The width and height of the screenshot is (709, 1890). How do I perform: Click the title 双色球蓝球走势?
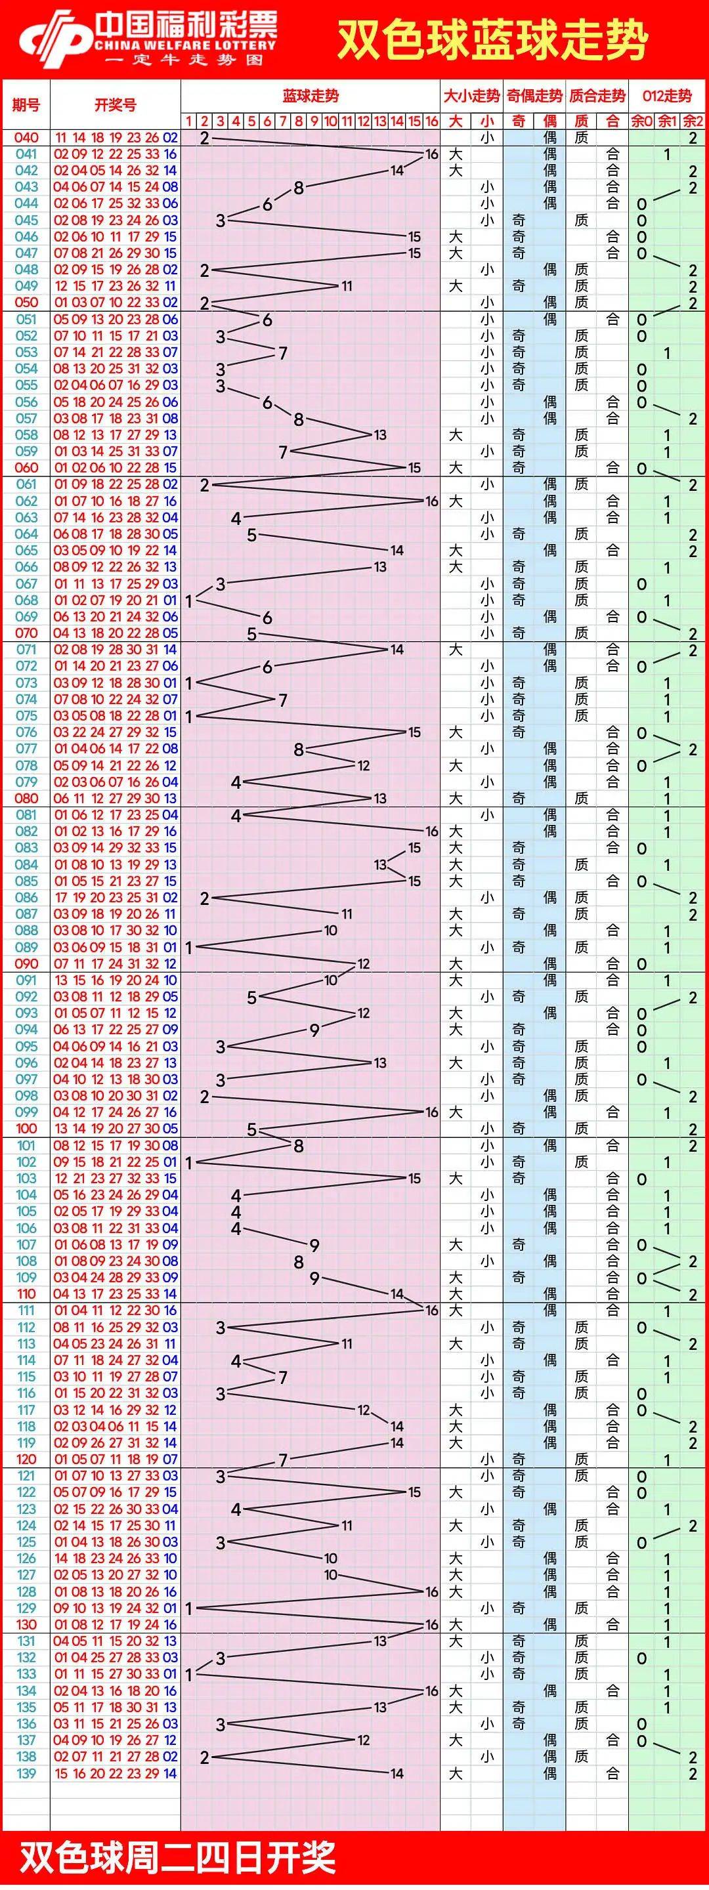492,39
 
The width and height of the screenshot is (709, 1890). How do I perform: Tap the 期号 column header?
26,105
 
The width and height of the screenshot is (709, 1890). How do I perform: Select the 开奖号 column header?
116,105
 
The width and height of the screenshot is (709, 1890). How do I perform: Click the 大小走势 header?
471,96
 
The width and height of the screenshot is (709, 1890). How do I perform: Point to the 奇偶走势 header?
534,96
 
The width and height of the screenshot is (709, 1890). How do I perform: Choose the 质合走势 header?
597,96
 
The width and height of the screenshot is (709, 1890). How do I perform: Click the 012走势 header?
666,96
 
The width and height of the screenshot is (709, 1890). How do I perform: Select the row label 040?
26,137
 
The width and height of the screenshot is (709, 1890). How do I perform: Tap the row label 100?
26,1129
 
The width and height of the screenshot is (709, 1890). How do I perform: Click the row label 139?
26,1773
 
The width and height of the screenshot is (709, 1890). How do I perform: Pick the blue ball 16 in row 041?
170,154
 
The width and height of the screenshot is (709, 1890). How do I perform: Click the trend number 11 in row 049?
347,286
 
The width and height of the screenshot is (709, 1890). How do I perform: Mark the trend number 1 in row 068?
188,601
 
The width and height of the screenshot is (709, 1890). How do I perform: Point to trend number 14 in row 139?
397,1773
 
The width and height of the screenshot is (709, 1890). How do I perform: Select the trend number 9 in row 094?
314,1030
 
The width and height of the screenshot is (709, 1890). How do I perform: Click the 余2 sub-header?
692,121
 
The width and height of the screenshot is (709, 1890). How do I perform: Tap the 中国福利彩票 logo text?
186,28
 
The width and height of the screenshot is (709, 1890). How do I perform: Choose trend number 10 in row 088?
330,931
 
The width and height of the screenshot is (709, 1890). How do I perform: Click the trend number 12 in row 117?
363,1410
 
